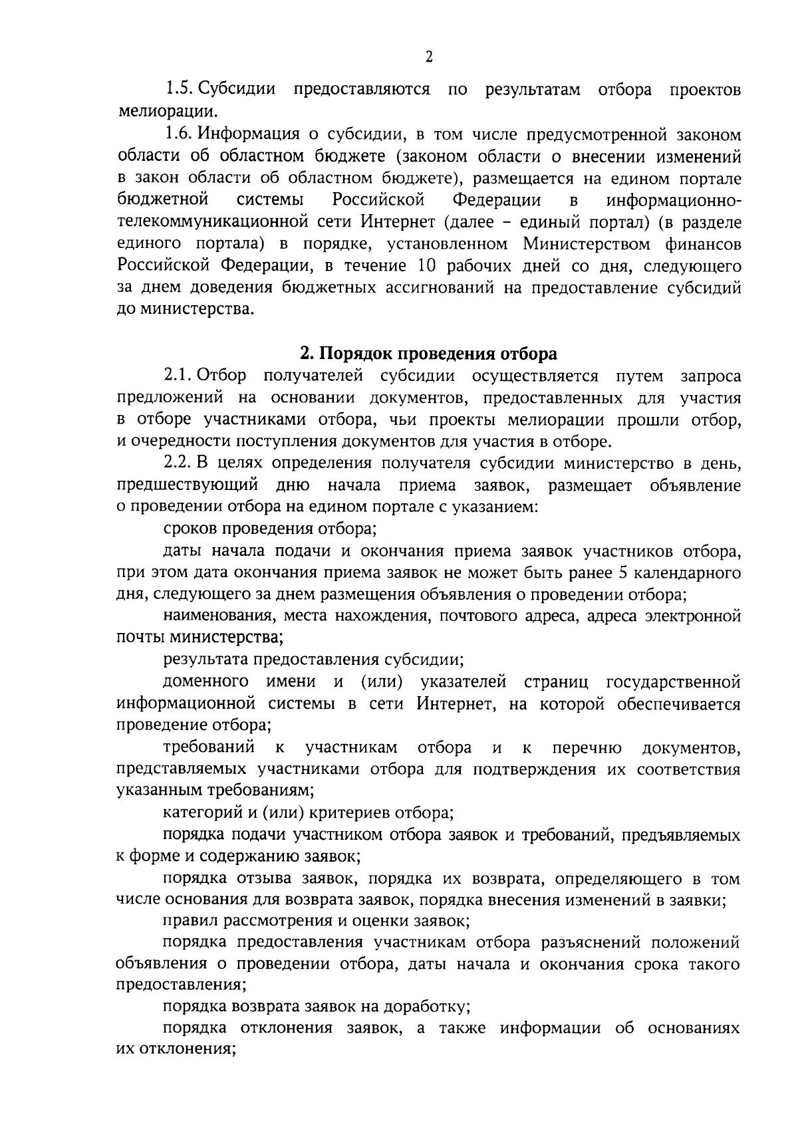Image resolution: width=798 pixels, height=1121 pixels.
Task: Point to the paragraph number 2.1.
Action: pos(178,376)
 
